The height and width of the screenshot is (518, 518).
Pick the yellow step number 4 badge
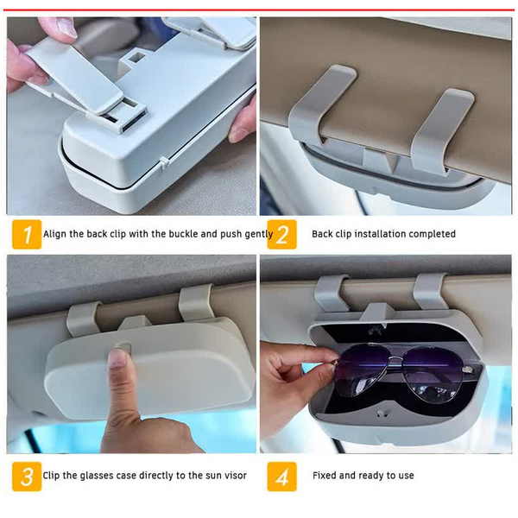point(282,476)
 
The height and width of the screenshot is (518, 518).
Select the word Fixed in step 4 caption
point(325,476)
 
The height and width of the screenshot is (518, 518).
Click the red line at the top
point(259,4)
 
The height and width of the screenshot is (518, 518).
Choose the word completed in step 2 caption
point(430,234)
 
